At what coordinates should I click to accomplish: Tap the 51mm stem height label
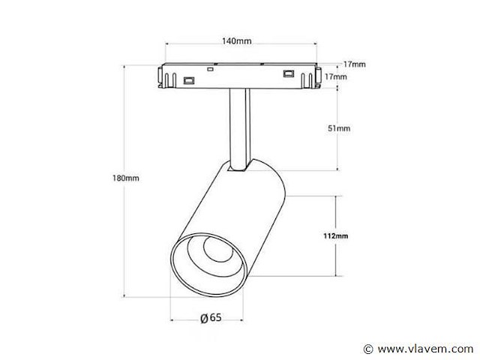(x=340, y=129)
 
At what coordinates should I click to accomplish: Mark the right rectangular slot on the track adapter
(x=287, y=73)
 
